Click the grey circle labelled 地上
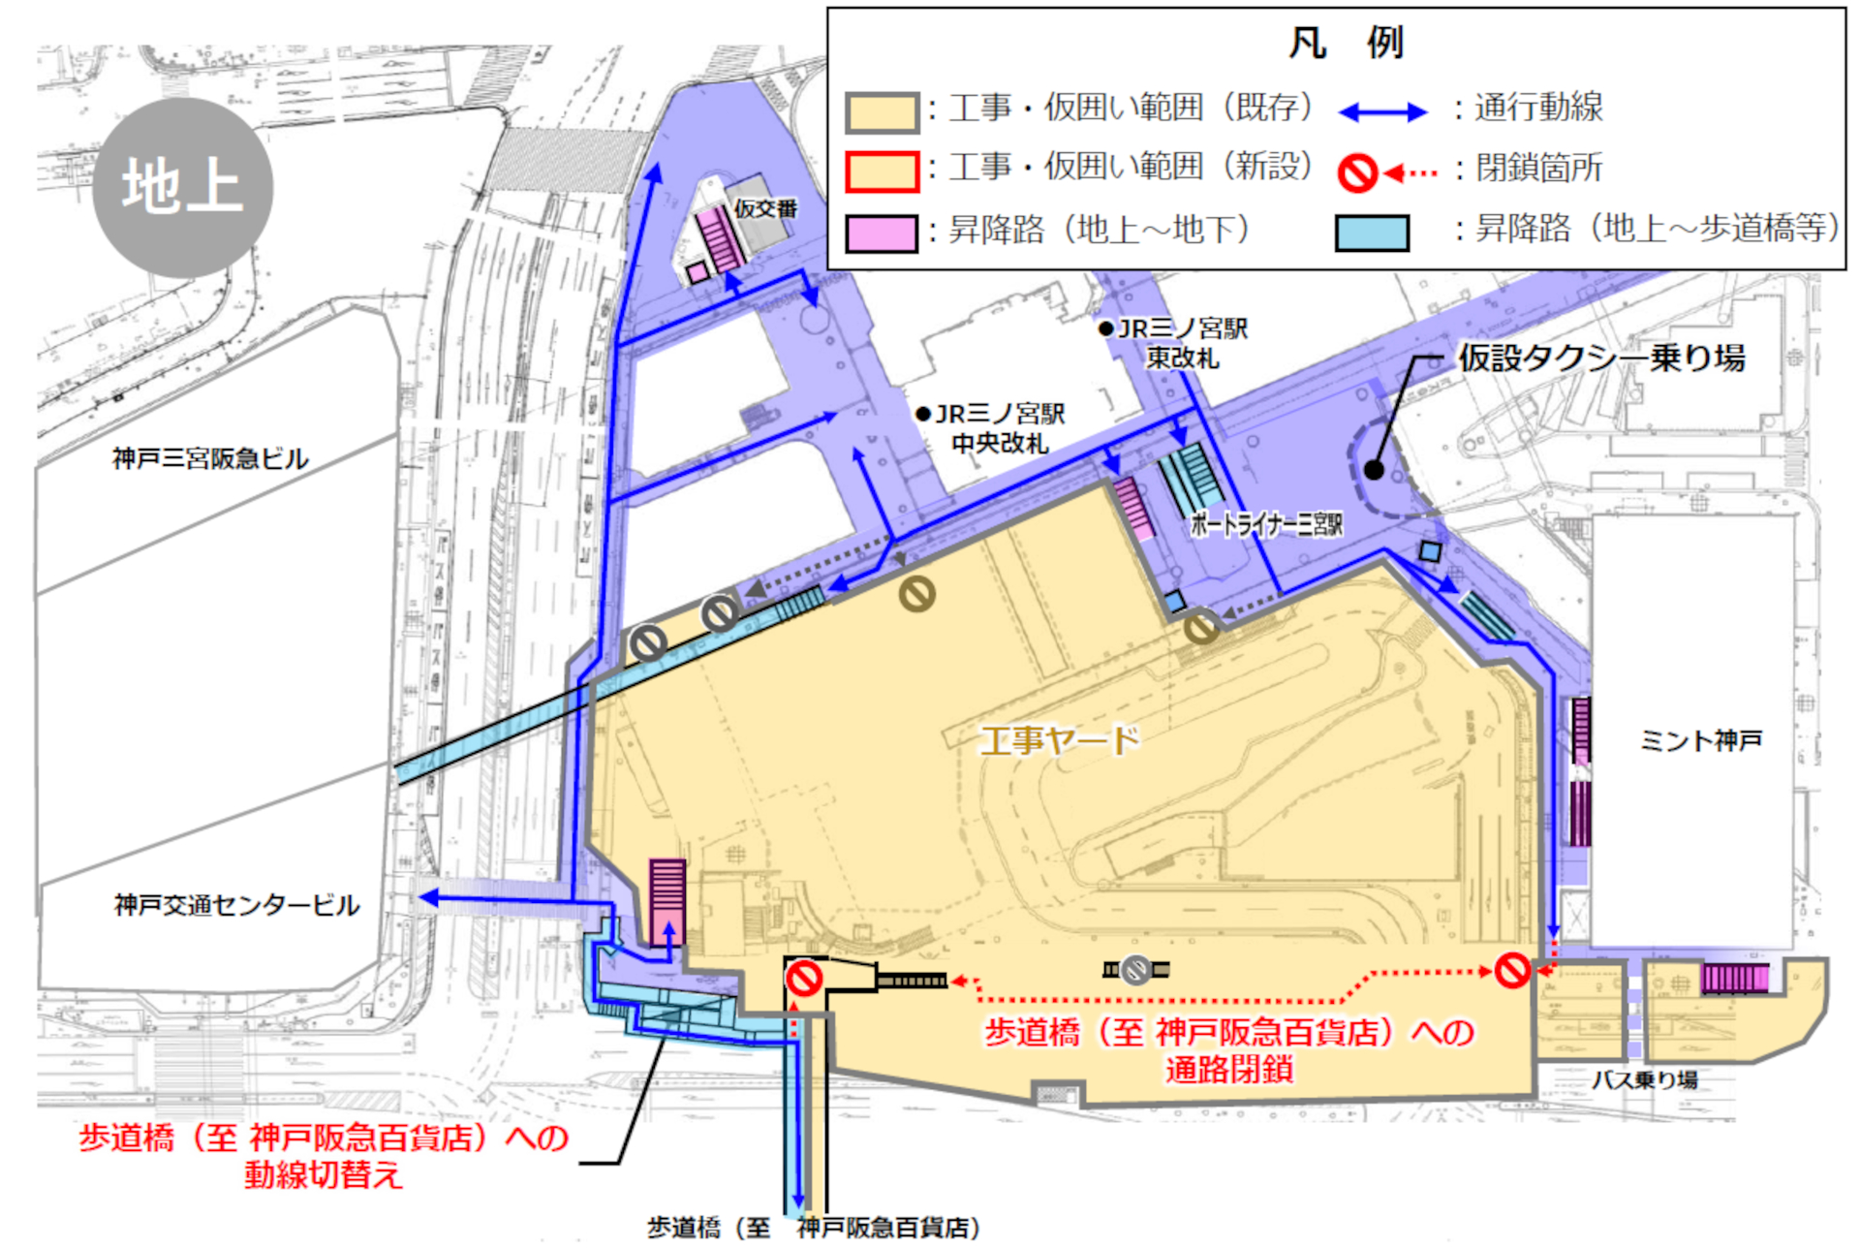[x=182, y=187]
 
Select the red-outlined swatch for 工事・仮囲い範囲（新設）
[x=881, y=172]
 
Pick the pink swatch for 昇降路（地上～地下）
[x=881, y=234]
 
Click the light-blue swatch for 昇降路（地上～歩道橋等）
[x=1371, y=234]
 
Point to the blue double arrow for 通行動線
[x=1382, y=112]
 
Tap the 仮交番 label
[x=765, y=208]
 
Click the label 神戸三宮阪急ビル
[x=210, y=458]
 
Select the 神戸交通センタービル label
[x=236, y=905]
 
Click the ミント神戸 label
[x=1700, y=741]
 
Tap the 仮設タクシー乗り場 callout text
[x=1601, y=359]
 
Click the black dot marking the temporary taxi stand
[x=1374, y=470]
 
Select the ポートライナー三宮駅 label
[x=1266, y=524]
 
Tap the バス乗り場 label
[x=1644, y=1079]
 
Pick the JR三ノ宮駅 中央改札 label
[x=999, y=429]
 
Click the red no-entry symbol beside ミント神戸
[x=1511, y=970]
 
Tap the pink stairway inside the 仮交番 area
[x=720, y=237]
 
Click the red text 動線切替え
[x=323, y=1175]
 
